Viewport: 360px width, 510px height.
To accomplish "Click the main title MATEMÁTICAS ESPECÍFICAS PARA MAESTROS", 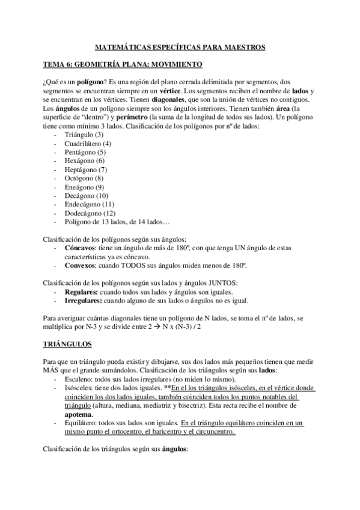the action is pos(180,46).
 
